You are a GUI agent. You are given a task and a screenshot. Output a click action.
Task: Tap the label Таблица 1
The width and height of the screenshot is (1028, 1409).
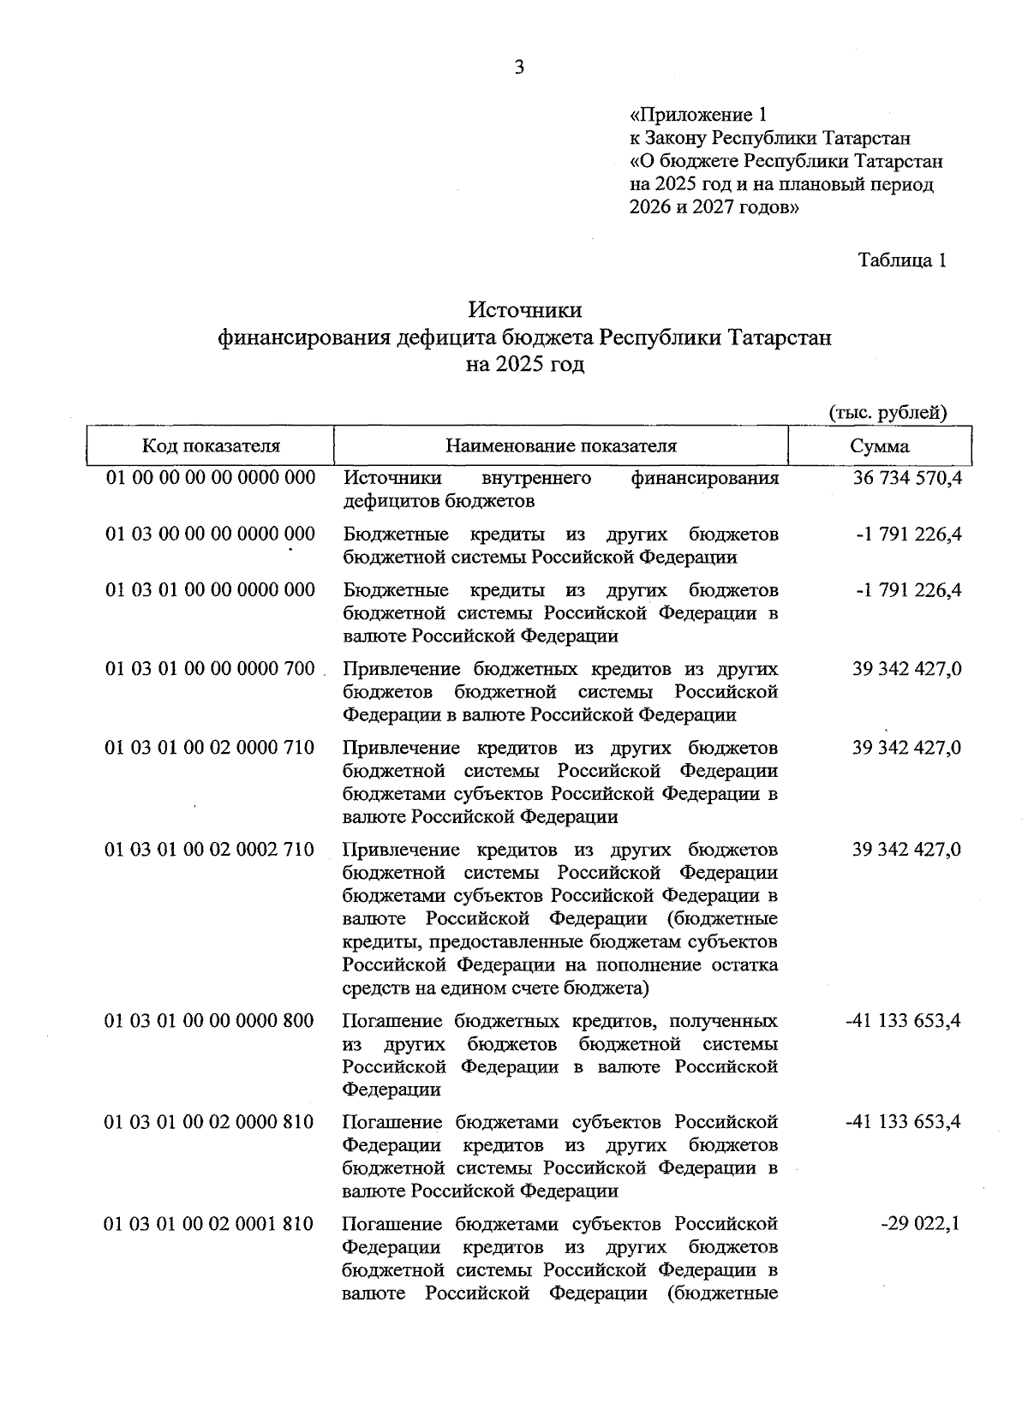[902, 260]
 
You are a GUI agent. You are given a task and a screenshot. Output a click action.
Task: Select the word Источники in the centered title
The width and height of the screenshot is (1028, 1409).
[524, 309]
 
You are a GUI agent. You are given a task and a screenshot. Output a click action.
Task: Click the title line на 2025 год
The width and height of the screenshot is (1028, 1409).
[524, 365]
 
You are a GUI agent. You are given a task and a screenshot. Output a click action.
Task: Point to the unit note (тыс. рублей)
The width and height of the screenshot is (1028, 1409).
[888, 413]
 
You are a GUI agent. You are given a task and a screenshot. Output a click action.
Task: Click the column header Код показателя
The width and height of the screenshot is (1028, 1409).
[211, 446]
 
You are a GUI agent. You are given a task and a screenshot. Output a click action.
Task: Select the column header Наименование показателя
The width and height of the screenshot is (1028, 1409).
[560, 446]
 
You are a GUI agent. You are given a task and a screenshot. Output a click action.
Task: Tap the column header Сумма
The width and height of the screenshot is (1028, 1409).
[880, 446]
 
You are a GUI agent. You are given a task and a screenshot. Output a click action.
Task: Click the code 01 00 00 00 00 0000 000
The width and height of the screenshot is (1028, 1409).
[211, 478]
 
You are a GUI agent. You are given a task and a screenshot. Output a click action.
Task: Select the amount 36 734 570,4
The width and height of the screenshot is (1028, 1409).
[907, 478]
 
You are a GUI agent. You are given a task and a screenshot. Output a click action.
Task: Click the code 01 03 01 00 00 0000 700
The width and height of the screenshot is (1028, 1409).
[211, 668]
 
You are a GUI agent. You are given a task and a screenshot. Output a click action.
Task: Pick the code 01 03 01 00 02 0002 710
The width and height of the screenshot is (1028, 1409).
[210, 850]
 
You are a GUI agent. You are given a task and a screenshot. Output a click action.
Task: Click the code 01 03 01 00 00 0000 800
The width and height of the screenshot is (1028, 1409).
[210, 1021]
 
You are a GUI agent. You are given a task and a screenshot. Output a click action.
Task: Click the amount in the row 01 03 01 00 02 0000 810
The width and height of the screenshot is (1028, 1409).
[902, 1122]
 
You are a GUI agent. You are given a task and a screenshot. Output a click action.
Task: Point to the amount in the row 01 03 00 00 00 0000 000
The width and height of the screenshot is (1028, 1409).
[909, 534]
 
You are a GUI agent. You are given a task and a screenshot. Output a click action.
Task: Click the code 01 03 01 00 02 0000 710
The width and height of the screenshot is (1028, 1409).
[210, 748]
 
